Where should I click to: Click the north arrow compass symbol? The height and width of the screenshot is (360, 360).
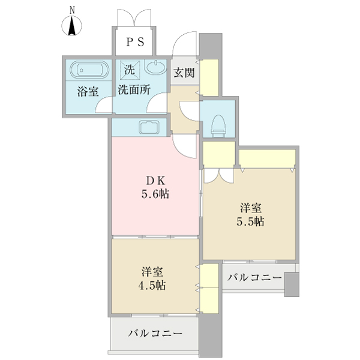pyautogui.click(x=72, y=24)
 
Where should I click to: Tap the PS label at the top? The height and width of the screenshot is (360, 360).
pyautogui.click(x=134, y=41)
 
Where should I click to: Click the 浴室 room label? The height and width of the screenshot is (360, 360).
pyautogui.click(x=88, y=92)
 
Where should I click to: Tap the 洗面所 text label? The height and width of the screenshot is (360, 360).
pyautogui.click(x=134, y=92)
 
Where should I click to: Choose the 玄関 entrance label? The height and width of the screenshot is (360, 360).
pyautogui.click(x=184, y=73)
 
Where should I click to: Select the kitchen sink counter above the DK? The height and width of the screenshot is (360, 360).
pyautogui.click(x=148, y=127)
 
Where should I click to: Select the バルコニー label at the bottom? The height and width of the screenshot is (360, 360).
pyautogui.click(x=155, y=334)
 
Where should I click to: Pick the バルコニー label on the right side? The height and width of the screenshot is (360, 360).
pyautogui.click(x=255, y=278)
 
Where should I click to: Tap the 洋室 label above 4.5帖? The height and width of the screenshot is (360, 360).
pyautogui.click(x=153, y=271)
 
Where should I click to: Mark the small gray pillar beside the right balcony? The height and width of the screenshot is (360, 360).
pyautogui.click(x=292, y=284)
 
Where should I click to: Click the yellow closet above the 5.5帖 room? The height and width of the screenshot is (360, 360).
pyautogui.click(x=267, y=158)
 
